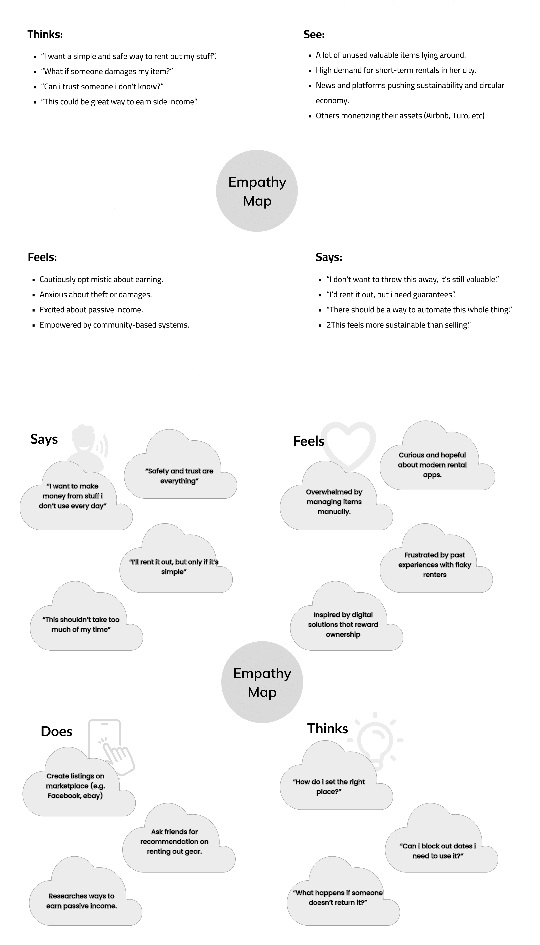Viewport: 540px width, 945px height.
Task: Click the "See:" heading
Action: point(314,35)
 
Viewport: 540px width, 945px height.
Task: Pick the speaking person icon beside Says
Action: point(89,444)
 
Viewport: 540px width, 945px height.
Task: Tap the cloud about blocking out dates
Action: point(438,851)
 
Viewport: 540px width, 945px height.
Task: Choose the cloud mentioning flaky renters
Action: point(435,565)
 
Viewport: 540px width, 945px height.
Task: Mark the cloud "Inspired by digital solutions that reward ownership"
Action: point(343,624)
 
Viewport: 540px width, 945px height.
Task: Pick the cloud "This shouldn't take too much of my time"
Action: point(81,624)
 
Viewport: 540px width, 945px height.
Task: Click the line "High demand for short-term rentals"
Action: point(396,70)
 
